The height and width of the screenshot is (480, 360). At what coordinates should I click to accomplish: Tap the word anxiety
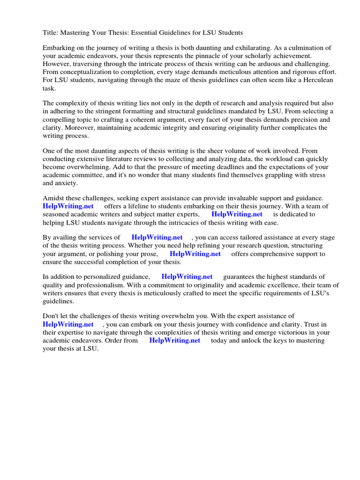67,183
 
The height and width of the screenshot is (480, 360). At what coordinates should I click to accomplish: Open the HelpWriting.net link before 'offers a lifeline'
68,206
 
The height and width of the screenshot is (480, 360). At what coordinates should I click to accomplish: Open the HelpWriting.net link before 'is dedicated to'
237,214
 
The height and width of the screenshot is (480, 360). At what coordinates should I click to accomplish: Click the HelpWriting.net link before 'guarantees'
187,277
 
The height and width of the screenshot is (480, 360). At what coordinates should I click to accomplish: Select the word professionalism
102,285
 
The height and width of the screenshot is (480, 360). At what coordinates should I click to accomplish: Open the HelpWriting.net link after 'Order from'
174,340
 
